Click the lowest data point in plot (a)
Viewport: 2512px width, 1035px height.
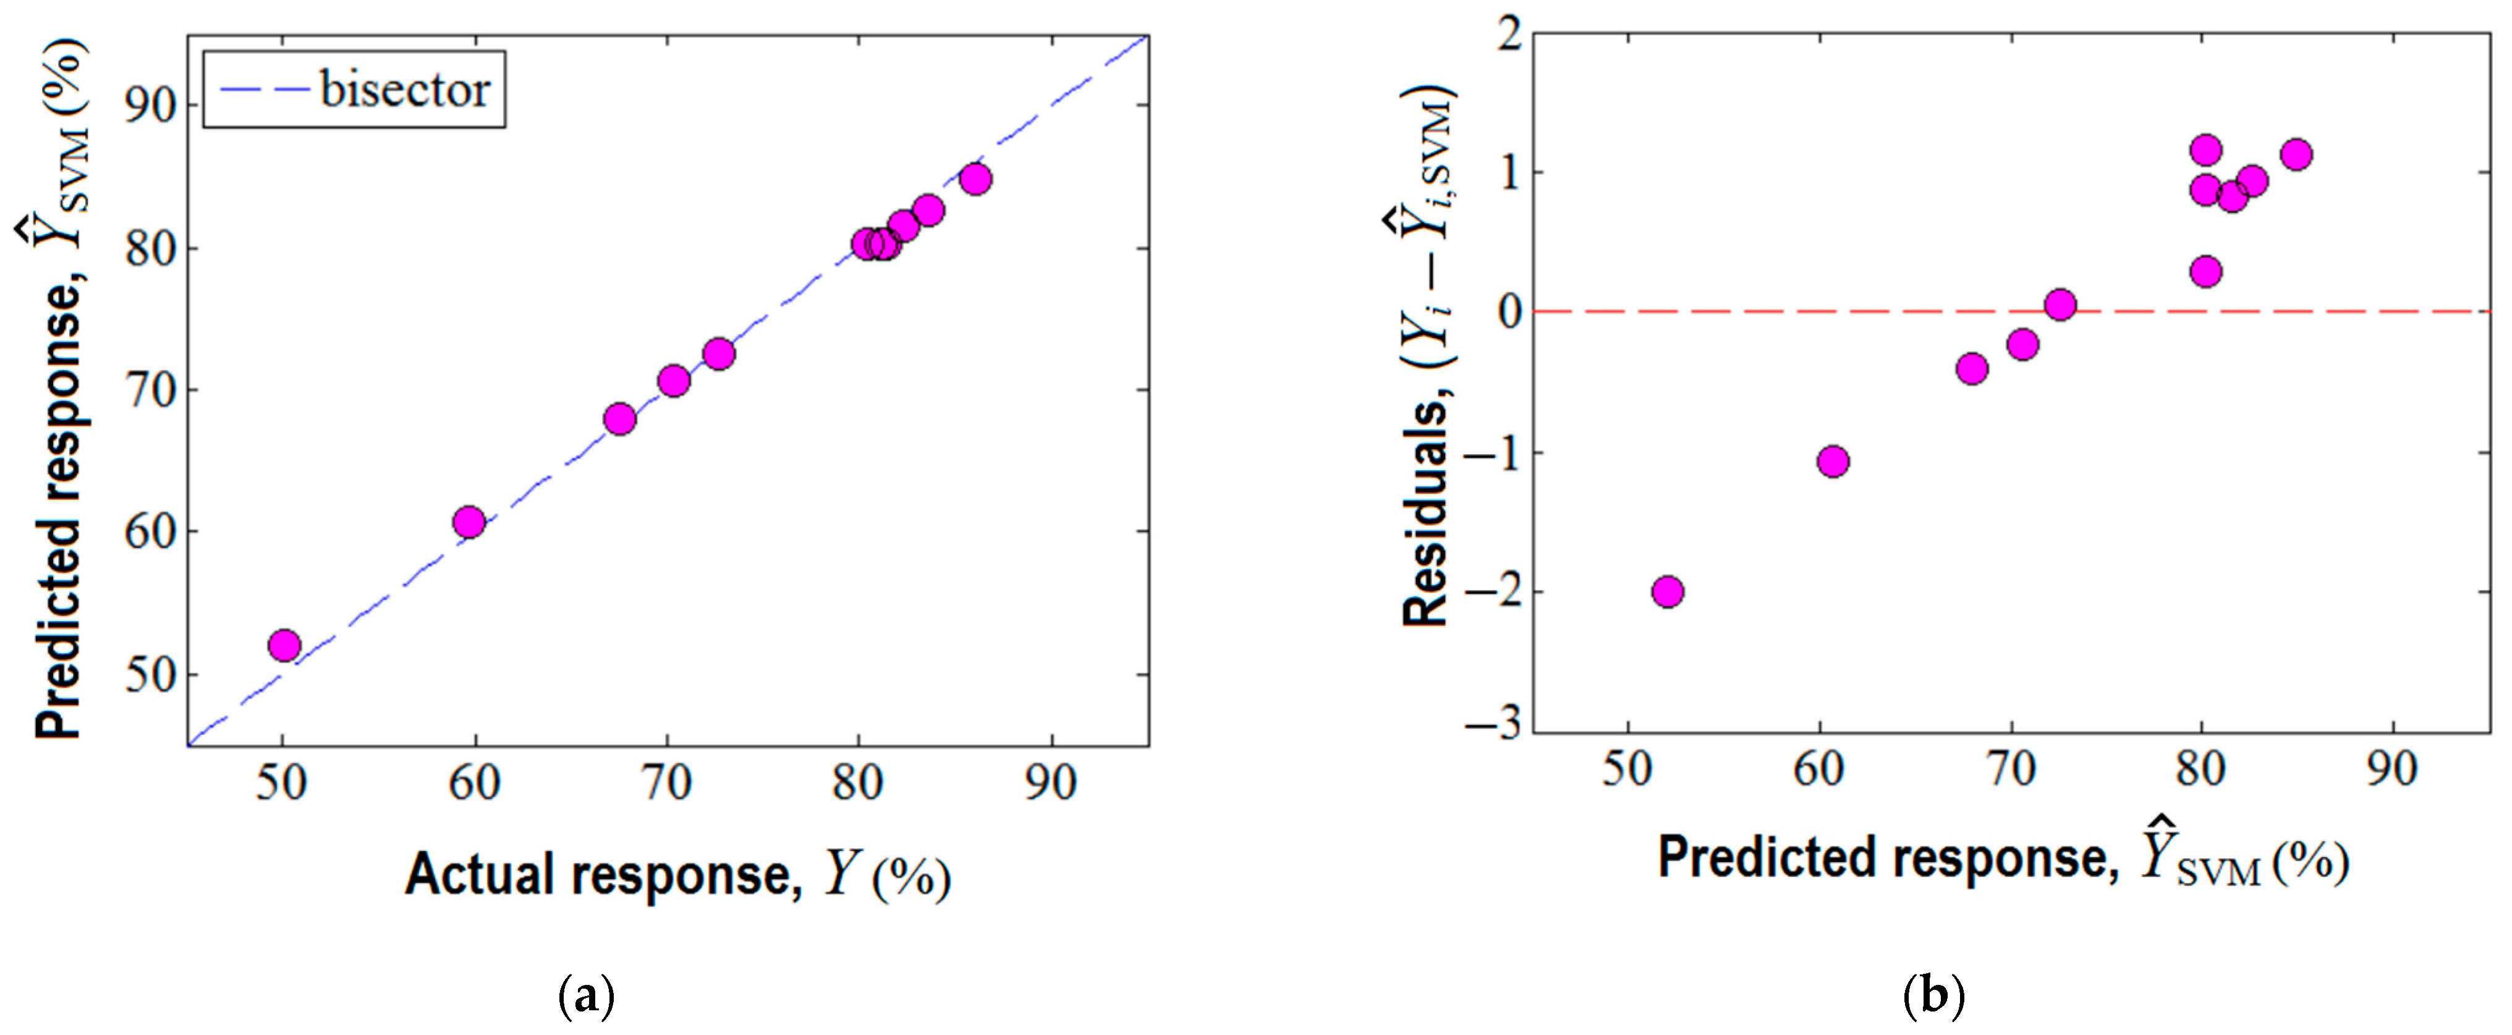click(284, 645)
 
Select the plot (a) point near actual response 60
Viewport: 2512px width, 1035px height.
click(469, 522)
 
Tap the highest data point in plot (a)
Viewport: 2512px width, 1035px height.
click(975, 179)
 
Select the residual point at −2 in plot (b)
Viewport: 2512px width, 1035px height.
click(1668, 591)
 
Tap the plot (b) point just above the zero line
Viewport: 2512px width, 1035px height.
click(2060, 305)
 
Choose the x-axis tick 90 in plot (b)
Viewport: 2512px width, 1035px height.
click(2392, 770)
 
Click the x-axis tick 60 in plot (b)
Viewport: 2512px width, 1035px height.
click(1818, 770)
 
